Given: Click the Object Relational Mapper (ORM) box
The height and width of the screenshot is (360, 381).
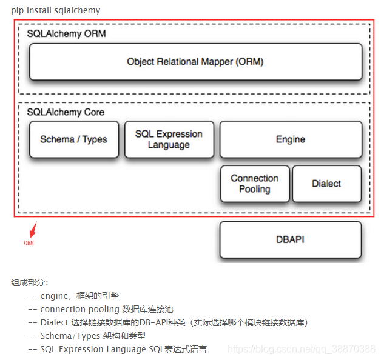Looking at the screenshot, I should (x=195, y=62).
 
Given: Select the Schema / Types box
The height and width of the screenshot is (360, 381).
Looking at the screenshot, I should (x=73, y=139).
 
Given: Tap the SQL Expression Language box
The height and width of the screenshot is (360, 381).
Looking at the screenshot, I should (x=169, y=139).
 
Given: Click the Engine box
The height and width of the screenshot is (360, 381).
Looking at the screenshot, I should (x=290, y=139).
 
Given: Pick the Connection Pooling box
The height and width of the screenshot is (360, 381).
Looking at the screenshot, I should (x=255, y=184).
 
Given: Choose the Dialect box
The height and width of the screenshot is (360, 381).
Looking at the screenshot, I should (x=326, y=184).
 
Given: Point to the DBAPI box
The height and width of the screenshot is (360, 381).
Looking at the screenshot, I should (x=290, y=239).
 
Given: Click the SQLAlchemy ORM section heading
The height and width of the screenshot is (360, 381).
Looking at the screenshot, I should (x=66, y=34).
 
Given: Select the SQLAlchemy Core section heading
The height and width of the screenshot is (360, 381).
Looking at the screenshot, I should (x=66, y=112).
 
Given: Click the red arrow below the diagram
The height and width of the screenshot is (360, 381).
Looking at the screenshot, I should (x=33, y=230).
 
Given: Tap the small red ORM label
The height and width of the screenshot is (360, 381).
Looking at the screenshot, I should (x=29, y=243).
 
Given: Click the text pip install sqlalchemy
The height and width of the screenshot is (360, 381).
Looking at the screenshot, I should (x=55, y=10).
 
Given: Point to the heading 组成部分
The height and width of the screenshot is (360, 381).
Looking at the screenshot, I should (x=30, y=282).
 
